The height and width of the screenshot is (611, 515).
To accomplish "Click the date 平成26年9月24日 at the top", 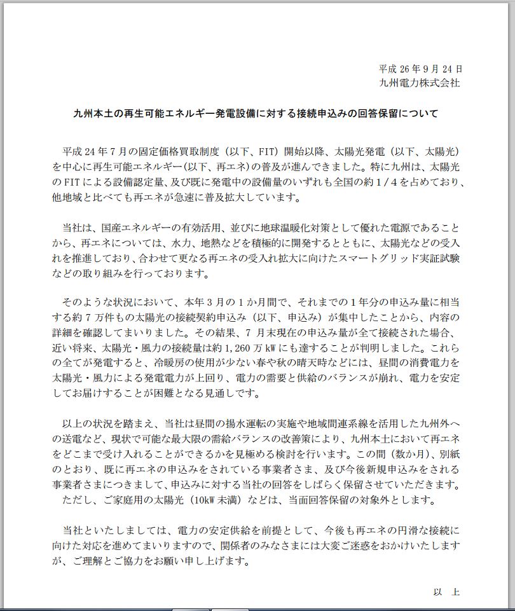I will [420, 68].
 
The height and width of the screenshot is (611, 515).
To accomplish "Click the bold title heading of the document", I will [256, 114].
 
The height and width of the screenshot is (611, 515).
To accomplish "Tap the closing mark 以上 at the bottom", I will [446, 591].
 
